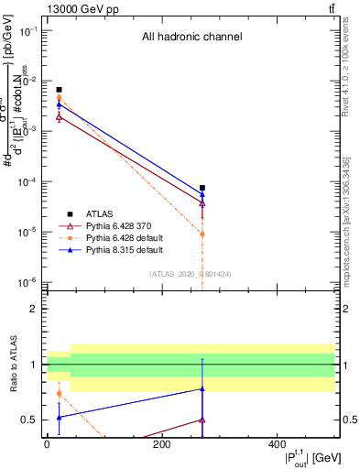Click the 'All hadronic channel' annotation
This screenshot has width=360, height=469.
point(191,38)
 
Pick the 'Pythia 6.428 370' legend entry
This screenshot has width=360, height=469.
point(118,224)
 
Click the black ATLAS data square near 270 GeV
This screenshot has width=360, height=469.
point(202,188)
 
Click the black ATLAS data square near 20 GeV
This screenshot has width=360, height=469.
point(59,90)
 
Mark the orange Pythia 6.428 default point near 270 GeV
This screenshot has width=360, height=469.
point(202,234)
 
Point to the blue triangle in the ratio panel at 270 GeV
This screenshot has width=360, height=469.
point(202,388)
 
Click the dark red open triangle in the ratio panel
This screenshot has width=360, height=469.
point(202,420)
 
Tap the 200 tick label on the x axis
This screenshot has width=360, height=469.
point(161,444)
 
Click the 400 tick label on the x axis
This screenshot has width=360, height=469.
point(276,444)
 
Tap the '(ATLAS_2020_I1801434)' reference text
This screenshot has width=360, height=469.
point(191,274)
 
